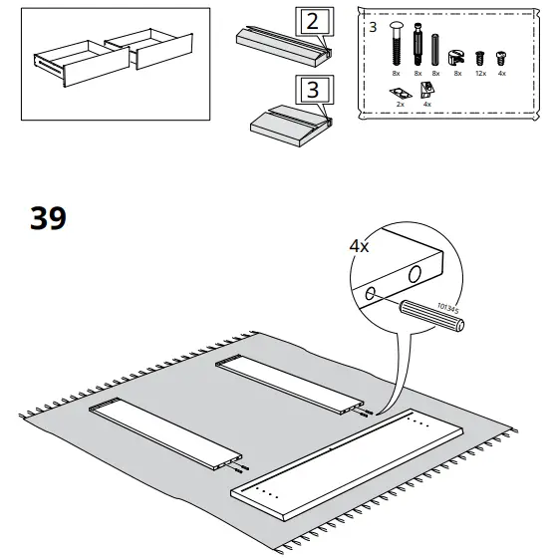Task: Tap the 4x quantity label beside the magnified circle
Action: click(x=360, y=244)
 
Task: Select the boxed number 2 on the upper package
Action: click(x=311, y=21)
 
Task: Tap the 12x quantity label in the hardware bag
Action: click(x=481, y=74)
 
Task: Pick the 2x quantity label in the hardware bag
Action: click(x=401, y=104)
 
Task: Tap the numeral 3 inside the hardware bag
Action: click(x=373, y=25)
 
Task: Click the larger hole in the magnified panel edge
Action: click(x=414, y=272)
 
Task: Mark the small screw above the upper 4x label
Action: click(x=501, y=57)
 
